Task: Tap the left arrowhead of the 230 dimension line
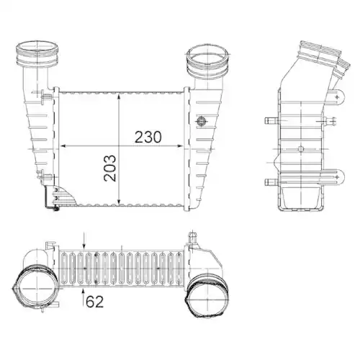[x=61, y=145]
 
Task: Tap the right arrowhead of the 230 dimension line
[x=184, y=145]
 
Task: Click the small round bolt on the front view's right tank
[x=202, y=122]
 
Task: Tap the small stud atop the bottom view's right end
[x=192, y=235]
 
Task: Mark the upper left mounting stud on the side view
[x=270, y=120]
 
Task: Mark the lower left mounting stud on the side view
[x=270, y=181]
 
